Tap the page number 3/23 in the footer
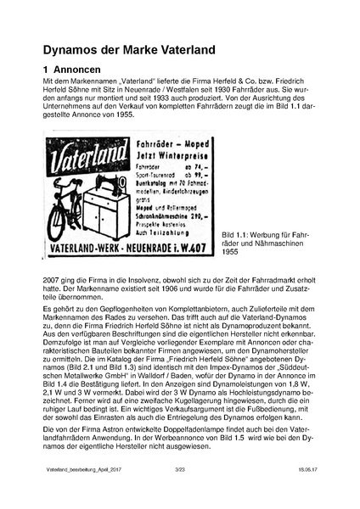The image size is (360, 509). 179,491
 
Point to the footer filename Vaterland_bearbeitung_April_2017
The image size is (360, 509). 75,491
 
